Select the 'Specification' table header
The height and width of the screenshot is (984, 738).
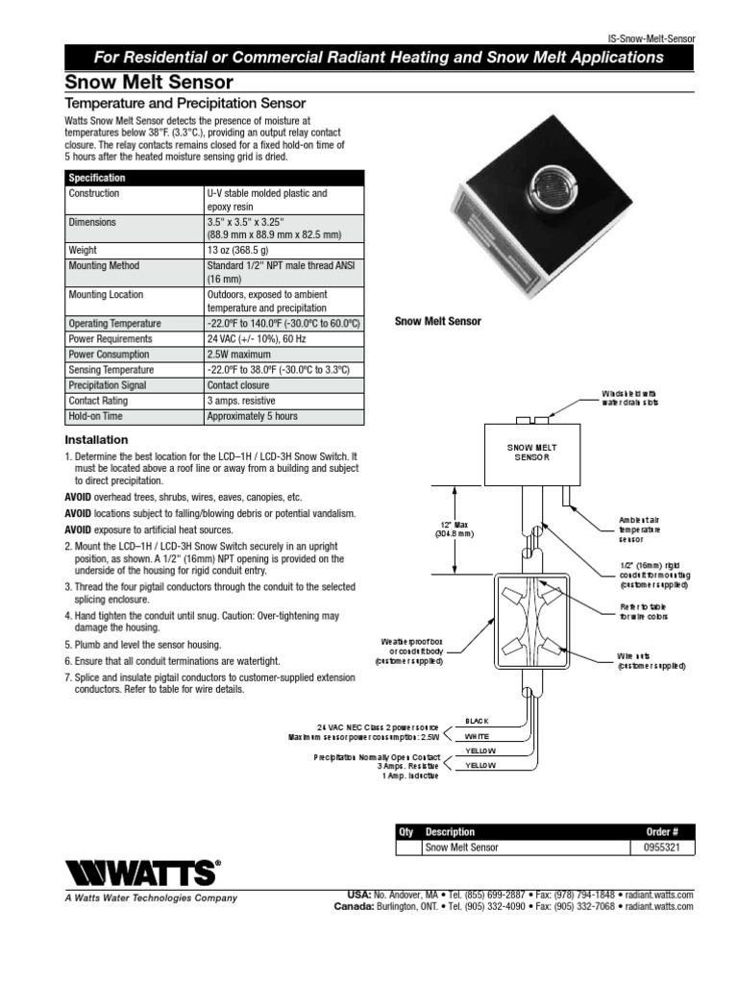tap(96, 178)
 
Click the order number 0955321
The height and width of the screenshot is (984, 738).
tap(660, 848)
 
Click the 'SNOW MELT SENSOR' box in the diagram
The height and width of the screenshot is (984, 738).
tap(531, 453)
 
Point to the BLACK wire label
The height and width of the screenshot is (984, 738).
tap(478, 720)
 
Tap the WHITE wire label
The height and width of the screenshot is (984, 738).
tap(478, 735)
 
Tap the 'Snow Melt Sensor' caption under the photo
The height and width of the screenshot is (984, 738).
tap(438, 322)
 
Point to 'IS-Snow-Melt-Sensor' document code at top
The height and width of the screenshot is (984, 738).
tap(651, 38)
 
